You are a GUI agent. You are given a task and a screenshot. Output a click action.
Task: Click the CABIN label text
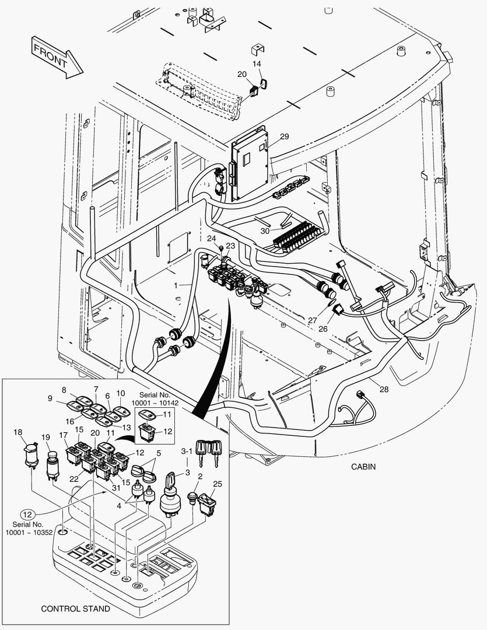pyautogui.click(x=363, y=467)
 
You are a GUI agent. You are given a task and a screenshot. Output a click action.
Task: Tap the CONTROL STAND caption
pyautogui.click(x=75, y=609)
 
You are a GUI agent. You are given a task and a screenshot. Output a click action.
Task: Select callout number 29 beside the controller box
pyautogui.click(x=284, y=136)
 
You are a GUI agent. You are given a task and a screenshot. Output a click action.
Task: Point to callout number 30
pyautogui.click(x=265, y=231)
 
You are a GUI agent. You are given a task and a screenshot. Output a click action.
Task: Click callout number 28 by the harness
pyautogui.click(x=383, y=389)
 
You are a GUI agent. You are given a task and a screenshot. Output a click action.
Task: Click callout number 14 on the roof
pyautogui.click(x=257, y=63)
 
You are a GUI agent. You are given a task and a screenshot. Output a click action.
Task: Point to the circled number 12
pyautogui.click(x=27, y=514)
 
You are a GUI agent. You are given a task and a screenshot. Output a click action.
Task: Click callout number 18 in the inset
pyautogui.click(x=18, y=432)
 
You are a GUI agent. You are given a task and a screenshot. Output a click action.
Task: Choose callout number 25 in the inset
pyautogui.click(x=217, y=484)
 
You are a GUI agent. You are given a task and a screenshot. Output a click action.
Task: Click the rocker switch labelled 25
pyautogui.click(x=207, y=502)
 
